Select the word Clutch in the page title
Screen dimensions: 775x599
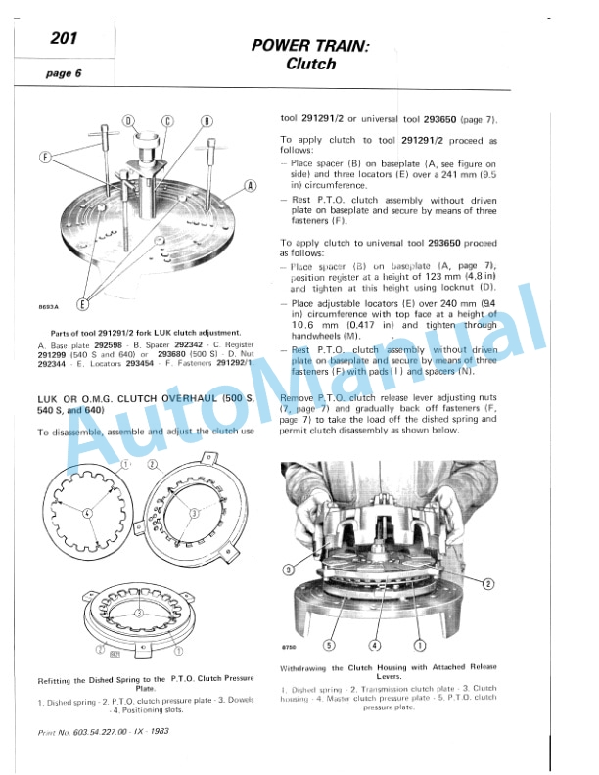[x=310, y=65]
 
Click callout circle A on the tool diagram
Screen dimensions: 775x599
[x=250, y=185]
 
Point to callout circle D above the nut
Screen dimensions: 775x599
[x=128, y=120]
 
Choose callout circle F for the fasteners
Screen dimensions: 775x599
[x=45, y=156]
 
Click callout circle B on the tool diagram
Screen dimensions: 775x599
[x=207, y=121]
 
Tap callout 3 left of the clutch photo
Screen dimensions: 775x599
[x=288, y=569]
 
